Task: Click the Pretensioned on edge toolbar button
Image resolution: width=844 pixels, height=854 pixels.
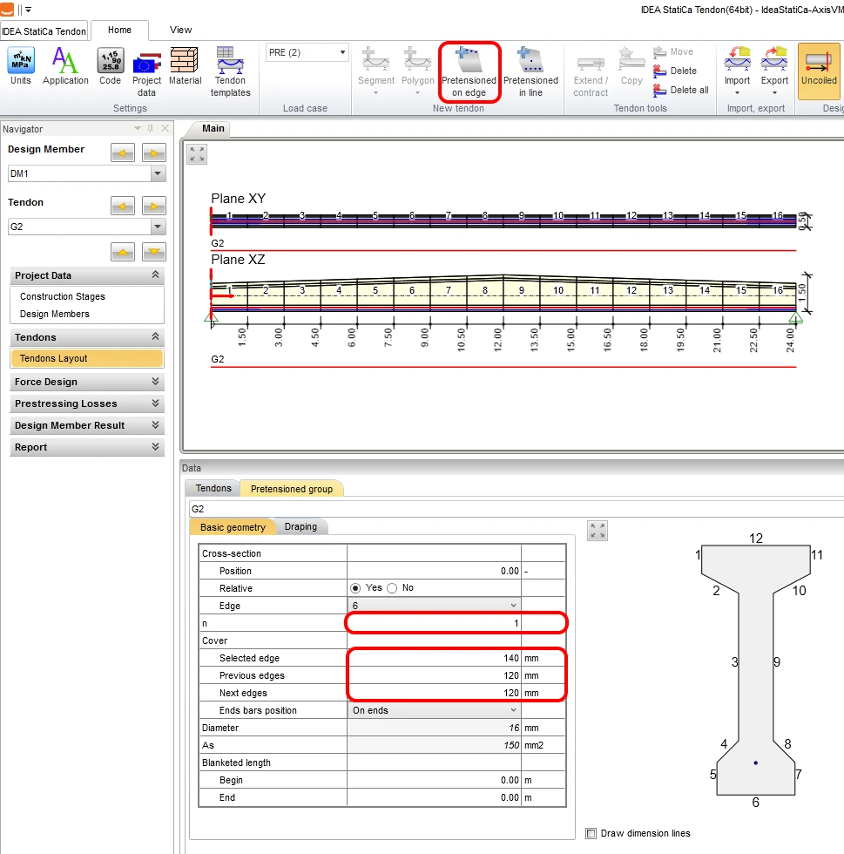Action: coord(469,71)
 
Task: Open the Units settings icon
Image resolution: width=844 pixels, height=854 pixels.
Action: coord(21,66)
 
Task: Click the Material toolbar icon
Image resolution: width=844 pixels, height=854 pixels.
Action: coord(186,66)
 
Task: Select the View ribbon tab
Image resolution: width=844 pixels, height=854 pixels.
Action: coord(181,30)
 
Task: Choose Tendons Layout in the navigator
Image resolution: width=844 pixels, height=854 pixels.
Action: coord(86,358)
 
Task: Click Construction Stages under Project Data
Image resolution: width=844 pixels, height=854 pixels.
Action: coord(63,296)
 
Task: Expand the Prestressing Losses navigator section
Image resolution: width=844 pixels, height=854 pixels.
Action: coord(86,403)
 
